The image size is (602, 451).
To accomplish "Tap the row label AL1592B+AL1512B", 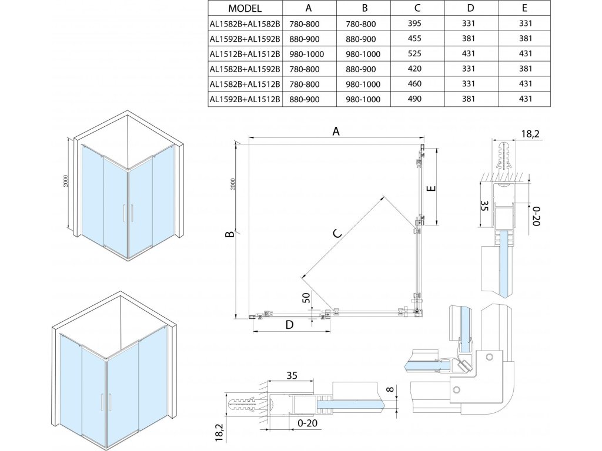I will (x=246, y=99).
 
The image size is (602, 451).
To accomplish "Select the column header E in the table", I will (x=524, y=9).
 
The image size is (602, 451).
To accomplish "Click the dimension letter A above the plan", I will (x=336, y=132).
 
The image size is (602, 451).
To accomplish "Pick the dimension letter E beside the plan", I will (x=430, y=189).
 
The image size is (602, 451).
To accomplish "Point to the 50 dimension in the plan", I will (x=306, y=298).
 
